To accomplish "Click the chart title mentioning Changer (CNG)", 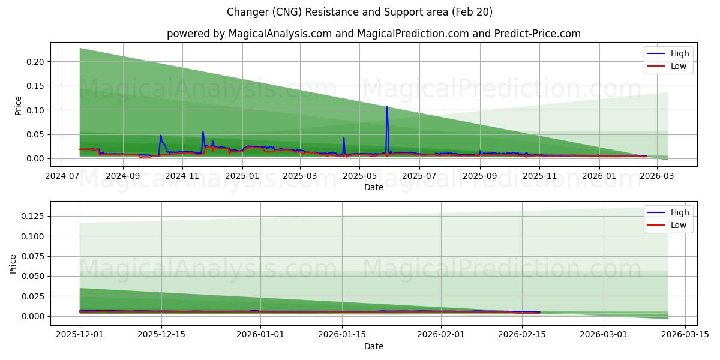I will (x=359, y=12).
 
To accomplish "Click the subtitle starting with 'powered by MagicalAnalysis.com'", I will (x=373, y=34).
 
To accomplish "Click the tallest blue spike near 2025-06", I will (x=386, y=107).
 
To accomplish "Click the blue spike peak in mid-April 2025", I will (x=344, y=138).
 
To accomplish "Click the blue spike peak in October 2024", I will (x=161, y=136).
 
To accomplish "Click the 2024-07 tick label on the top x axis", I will (x=63, y=176).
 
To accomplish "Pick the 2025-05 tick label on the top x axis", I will (x=359, y=176).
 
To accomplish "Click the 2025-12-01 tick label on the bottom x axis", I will (x=80, y=335).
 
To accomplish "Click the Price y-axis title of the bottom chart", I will (x=13, y=263).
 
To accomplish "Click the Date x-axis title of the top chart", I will (x=373, y=187).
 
